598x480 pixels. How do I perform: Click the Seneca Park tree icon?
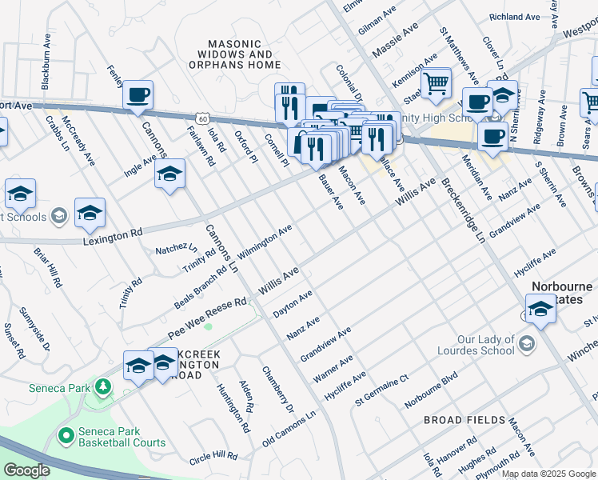[x=102, y=388]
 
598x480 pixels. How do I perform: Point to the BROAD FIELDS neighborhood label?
[x=464, y=420]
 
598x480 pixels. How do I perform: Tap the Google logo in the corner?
[x=26, y=470]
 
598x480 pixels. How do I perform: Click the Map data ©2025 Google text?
[x=548, y=474]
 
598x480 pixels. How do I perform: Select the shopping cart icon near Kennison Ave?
[x=436, y=82]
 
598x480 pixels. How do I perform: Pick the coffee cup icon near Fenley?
[x=138, y=95]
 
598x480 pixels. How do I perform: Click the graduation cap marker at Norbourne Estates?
[x=540, y=308]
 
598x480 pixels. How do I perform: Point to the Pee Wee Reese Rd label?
[x=207, y=318]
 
